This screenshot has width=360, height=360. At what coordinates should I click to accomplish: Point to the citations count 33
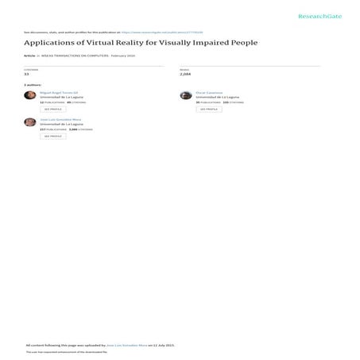pos(27,75)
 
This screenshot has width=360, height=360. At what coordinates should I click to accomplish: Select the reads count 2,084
pos(185,75)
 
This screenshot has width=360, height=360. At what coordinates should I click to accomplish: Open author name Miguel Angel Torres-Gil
pos(56,92)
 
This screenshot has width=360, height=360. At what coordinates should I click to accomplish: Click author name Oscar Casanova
pos(209,92)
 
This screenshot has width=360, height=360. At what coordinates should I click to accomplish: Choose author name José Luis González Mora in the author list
pos(60,119)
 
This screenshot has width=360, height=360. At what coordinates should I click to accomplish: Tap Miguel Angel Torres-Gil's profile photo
pos(30,95)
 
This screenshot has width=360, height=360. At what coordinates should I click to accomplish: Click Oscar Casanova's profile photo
pos(185,95)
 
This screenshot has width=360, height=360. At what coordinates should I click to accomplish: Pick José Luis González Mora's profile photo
pos(30,122)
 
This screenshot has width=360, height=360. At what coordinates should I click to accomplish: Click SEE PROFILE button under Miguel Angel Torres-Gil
pos(52,109)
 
